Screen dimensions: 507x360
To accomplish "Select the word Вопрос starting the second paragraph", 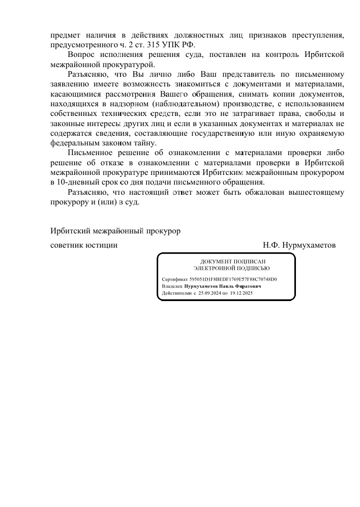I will (x=81, y=54).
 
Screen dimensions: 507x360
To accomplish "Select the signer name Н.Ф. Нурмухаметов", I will (x=299, y=245).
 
